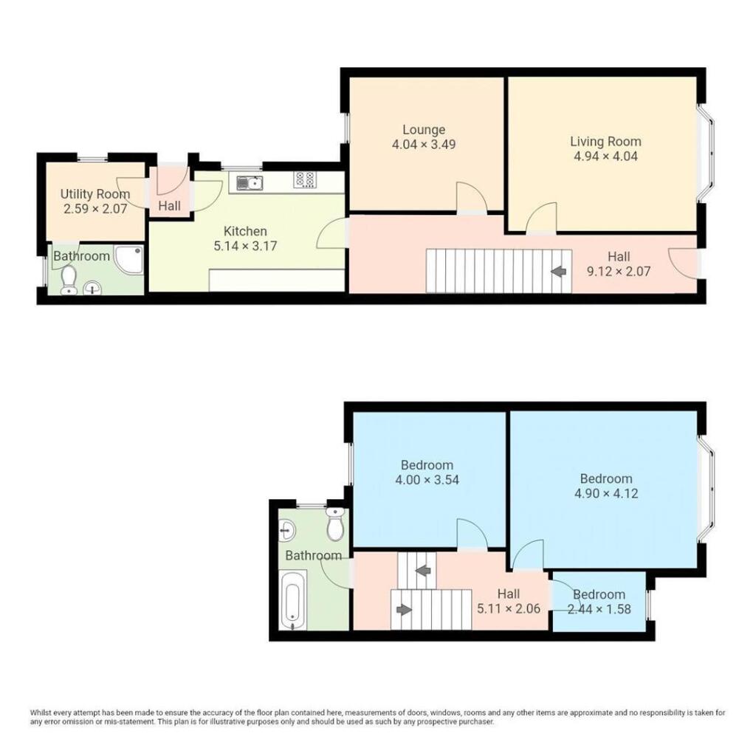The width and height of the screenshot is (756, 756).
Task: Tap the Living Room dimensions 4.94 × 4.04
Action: [605, 156]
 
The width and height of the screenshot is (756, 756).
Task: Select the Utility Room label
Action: [94, 194]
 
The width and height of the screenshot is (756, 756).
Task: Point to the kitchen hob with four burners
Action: [306, 179]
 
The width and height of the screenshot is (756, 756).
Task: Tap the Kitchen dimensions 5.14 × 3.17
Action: [245, 246]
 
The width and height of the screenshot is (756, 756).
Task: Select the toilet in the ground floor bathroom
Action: [69, 279]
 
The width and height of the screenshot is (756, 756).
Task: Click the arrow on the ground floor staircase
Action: [559, 272]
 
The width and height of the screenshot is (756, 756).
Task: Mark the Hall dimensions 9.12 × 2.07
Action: [619, 271]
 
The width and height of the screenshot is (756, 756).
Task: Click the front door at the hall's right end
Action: [684, 263]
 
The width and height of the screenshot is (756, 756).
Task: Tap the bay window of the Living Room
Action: [709, 156]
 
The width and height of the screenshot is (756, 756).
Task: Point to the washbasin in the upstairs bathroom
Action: [289, 529]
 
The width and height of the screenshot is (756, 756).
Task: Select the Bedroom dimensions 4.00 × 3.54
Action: [426, 480]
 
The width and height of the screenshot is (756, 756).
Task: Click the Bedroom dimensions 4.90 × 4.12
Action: [605, 493]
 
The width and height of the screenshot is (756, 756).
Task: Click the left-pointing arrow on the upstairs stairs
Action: [423, 571]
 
